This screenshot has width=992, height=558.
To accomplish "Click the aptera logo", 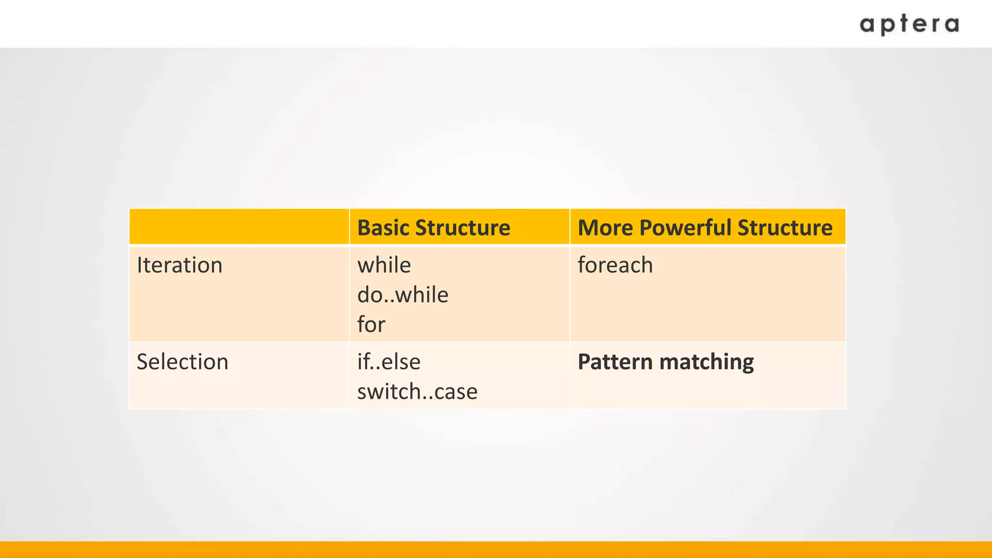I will pos(909,25).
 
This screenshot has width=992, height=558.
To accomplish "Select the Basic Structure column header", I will pos(434,228).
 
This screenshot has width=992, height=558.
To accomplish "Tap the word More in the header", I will pos(605,228).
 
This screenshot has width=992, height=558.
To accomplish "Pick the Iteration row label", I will pos(180,265).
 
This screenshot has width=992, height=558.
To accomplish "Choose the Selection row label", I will pos(183,362).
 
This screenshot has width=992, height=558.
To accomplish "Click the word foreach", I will pos(615,265).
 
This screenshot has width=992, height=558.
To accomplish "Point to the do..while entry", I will pos(403,294).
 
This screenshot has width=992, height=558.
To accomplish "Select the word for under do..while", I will pos(371,324).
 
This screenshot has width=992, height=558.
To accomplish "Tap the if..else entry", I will pos(389,362).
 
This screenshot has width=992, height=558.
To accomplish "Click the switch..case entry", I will pos(417,391).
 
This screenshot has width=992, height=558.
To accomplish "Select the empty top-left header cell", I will pos(239,227).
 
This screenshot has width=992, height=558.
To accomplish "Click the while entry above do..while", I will pos(384,265).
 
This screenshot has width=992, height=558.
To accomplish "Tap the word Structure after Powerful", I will pos(785,228).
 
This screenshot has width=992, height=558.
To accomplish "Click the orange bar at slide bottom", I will pos(496,550).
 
